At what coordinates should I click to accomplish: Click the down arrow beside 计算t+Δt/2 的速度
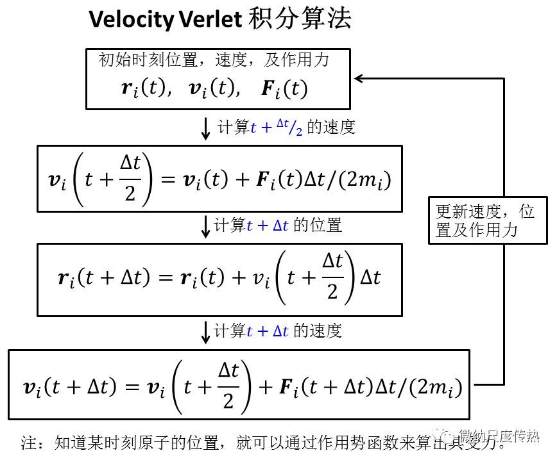point(206,128)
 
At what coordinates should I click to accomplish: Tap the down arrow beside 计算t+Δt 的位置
point(206,226)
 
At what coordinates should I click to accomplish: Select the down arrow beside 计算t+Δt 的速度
point(206,331)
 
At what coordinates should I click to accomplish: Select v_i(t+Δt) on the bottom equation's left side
point(71,386)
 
